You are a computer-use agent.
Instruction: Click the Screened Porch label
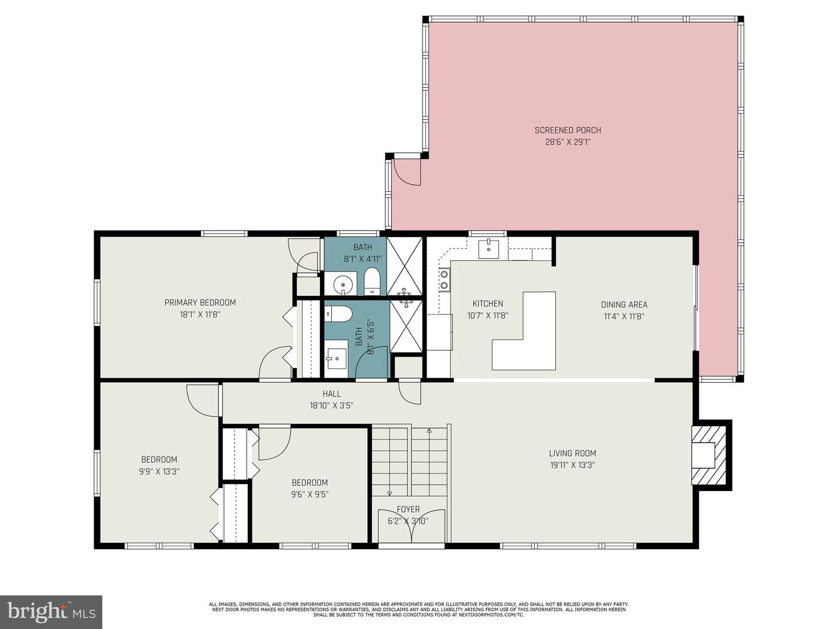tap(567, 130)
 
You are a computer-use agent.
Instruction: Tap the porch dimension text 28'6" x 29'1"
tap(567, 142)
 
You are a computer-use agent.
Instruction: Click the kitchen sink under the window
tap(488, 249)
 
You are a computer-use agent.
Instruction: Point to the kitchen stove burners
tap(444, 279)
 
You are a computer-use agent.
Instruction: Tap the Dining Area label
tap(624, 305)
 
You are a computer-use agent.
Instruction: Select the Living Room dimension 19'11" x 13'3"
tap(572, 465)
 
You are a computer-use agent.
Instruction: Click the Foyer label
tap(408, 510)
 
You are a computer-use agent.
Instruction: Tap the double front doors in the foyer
tap(411, 527)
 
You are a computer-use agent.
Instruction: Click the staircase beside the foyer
tap(410, 460)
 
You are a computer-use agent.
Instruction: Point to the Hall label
tap(332, 394)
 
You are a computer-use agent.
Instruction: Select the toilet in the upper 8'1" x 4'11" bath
tap(371, 281)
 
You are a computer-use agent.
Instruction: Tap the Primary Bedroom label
tap(200, 303)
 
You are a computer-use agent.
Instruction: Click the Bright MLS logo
tap(51, 612)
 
